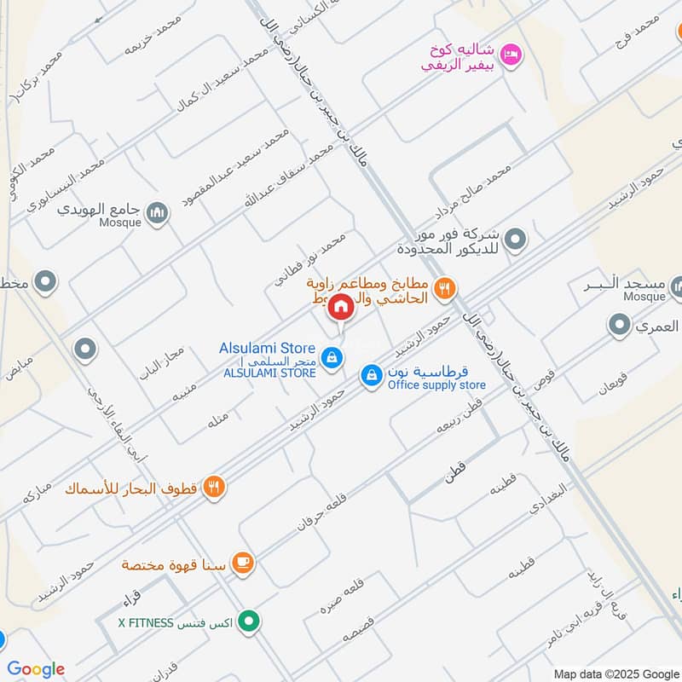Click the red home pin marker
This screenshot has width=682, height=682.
[341, 306]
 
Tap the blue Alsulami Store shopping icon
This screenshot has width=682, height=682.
[333, 357]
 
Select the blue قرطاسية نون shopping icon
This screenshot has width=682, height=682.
[371, 374]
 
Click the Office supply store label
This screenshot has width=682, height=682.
[436, 385]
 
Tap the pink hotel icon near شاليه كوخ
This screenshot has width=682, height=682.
[511, 55]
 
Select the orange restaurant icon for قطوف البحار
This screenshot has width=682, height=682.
[215, 487]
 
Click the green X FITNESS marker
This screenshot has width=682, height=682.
[248, 621]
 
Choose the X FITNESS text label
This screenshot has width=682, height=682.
[146, 622]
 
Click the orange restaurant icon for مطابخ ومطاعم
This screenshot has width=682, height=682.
[443, 289]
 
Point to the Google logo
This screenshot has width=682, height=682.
[35, 668]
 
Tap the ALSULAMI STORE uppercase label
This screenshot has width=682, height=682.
[269, 373]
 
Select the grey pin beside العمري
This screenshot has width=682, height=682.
[619, 325]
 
